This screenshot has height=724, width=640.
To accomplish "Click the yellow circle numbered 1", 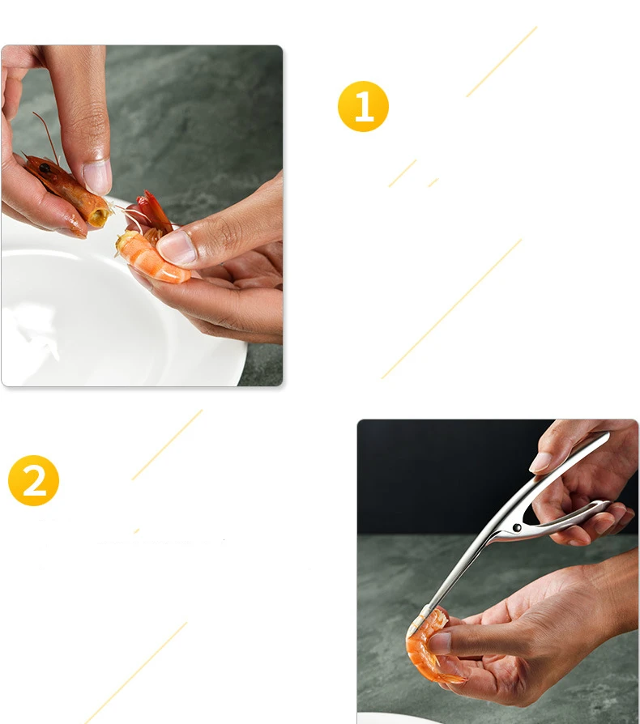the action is tap(364, 106).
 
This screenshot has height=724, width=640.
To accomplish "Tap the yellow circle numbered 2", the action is tap(34, 480).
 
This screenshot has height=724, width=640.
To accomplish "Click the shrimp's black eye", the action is tap(45, 168).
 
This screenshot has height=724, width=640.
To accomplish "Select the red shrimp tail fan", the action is tap(156, 211).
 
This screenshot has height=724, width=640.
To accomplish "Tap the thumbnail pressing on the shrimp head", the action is tap(97, 177).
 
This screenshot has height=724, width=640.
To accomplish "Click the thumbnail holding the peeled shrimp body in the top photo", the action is tap(175, 248).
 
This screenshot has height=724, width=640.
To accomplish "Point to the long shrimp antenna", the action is tap(47, 137).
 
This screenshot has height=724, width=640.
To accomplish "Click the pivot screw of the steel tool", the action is tap(517, 527).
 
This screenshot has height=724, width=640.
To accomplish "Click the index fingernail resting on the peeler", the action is tap(540, 462).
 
